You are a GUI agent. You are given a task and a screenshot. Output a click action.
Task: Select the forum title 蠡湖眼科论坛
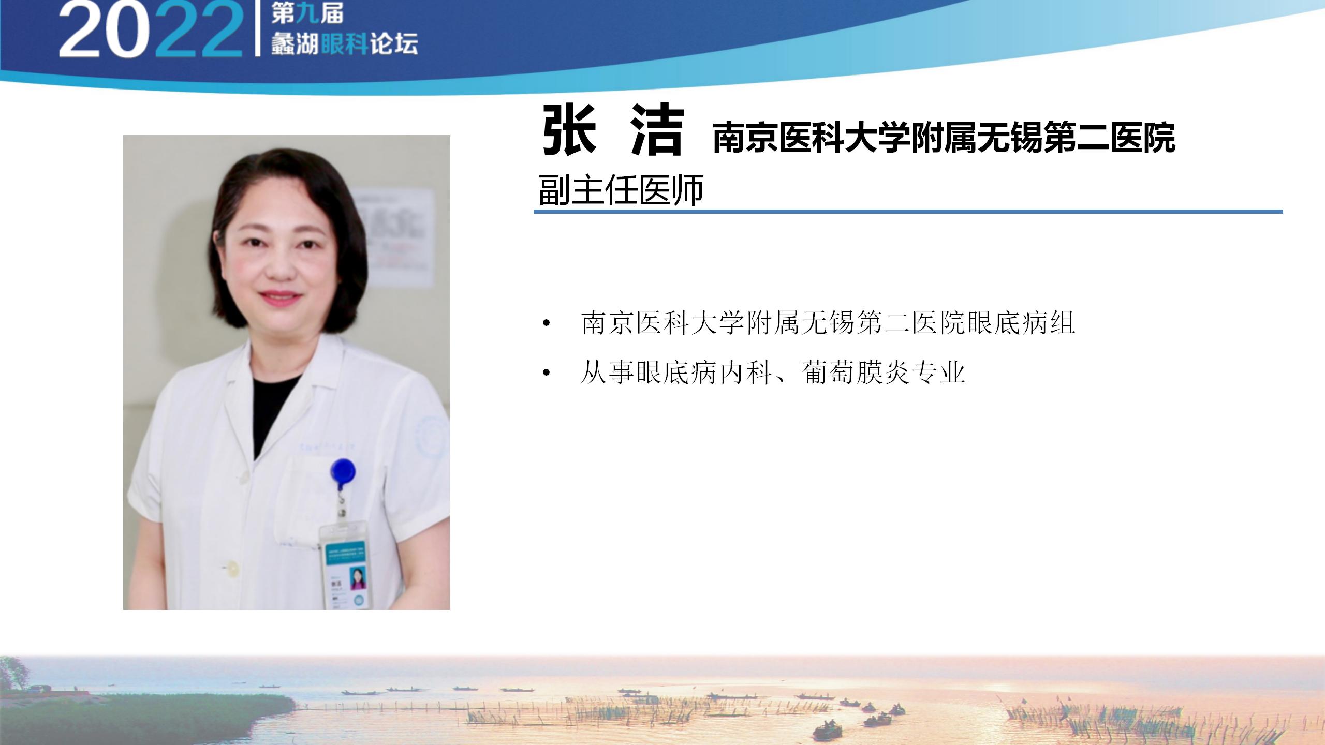tap(344, 44)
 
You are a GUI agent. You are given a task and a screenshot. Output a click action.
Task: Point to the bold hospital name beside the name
tap(944, 138)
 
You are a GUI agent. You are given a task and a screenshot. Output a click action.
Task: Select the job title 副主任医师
tap(621, 190)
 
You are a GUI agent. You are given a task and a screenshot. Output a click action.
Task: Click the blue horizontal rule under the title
tap(908, 212)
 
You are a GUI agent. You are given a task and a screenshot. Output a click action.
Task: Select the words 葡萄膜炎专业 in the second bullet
tap(884, 372)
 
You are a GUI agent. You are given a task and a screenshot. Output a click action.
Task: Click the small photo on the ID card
tap(358, 579)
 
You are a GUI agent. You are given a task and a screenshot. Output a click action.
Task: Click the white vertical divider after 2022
tap(257, 28)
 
